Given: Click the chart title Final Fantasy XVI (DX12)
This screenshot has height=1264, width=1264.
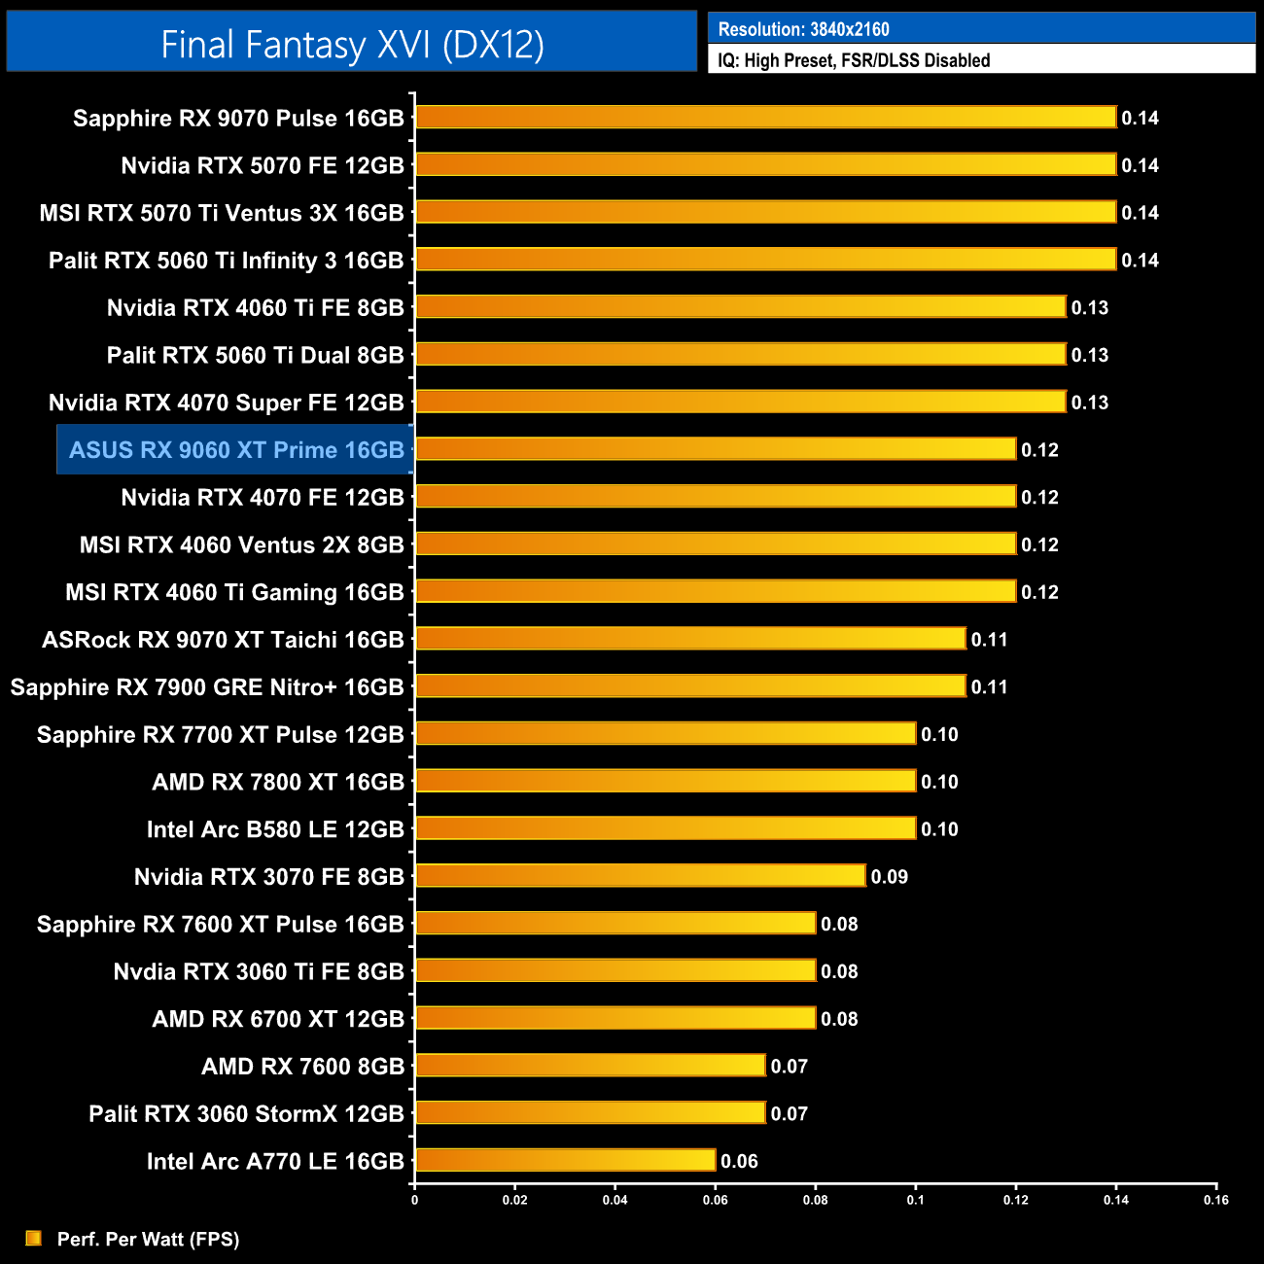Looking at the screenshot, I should pos(352,45).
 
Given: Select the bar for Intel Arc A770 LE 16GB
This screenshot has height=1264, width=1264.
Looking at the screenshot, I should pos(565,1160).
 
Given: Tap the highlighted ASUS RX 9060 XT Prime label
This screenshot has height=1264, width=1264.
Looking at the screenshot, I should pos(236,450).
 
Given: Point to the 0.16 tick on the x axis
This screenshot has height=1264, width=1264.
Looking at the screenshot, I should pos(1215,1200).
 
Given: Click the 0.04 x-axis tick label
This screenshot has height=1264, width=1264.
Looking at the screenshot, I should pos(614,1200).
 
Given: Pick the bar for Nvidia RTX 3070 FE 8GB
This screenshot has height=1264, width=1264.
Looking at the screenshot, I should pos(640,876).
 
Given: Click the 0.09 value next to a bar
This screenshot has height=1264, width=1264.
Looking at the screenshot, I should pos(889,877).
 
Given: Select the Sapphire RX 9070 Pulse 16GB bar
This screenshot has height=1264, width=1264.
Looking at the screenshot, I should pos(765,118).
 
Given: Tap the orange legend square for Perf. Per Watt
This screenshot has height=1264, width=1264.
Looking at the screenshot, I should pos(34,1238).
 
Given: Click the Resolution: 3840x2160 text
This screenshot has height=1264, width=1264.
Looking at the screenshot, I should pos(803,29).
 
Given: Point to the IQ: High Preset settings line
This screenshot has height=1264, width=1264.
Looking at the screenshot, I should pos(854,60).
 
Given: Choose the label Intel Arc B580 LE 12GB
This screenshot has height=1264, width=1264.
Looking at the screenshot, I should pos(275,829).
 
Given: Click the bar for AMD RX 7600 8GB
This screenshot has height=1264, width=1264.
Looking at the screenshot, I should pos(590,1066).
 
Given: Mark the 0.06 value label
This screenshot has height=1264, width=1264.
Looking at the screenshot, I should pos(739,1161).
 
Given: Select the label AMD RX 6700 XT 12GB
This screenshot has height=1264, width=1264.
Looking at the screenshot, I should pos(278,1019).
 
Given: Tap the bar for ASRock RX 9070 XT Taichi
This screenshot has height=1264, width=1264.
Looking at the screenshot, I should pos(690,639).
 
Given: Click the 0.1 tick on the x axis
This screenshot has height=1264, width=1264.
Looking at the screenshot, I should pos(916,1200).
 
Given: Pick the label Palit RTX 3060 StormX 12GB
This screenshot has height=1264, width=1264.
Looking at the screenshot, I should pos(246,1113).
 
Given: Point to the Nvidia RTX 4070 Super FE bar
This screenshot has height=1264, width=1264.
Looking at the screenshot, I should pos(740,402).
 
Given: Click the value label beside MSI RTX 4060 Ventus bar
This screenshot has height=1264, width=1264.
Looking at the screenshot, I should pos(1039,544).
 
